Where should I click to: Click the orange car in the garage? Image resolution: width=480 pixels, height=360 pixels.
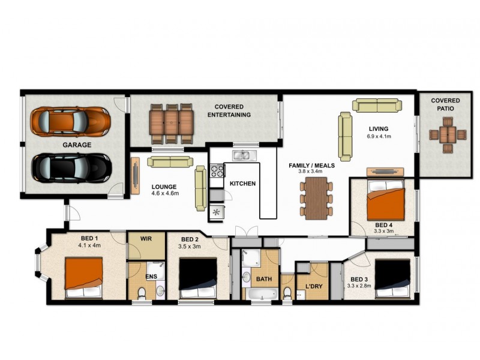coord(71,121)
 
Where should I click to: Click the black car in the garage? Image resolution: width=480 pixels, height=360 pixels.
coord(71,168)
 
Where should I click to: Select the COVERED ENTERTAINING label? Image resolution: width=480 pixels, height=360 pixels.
coord(228,110)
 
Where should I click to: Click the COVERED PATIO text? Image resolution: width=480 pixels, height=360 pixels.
coord(445,104)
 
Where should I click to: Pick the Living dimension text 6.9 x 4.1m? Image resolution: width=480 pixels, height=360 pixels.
coord(379,137)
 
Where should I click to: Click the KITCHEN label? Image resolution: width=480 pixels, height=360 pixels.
coord(243,184)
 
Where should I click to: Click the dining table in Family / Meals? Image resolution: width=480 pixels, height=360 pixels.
coord(315,199)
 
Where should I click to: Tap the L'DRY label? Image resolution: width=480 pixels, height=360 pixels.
coord(314,286)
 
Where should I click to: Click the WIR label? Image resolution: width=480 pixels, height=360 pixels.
coord(146,239)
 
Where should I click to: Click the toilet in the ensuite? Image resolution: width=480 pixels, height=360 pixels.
coord(141,293)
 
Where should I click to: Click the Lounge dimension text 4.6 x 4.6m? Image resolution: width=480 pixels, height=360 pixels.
coord(165,193)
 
